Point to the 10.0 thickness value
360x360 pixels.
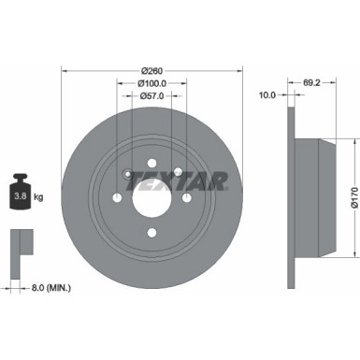coord(266,94)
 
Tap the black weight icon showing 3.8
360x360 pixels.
coord(20,194)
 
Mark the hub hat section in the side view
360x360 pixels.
coord(313,198)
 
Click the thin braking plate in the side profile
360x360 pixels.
coord(291,196)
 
